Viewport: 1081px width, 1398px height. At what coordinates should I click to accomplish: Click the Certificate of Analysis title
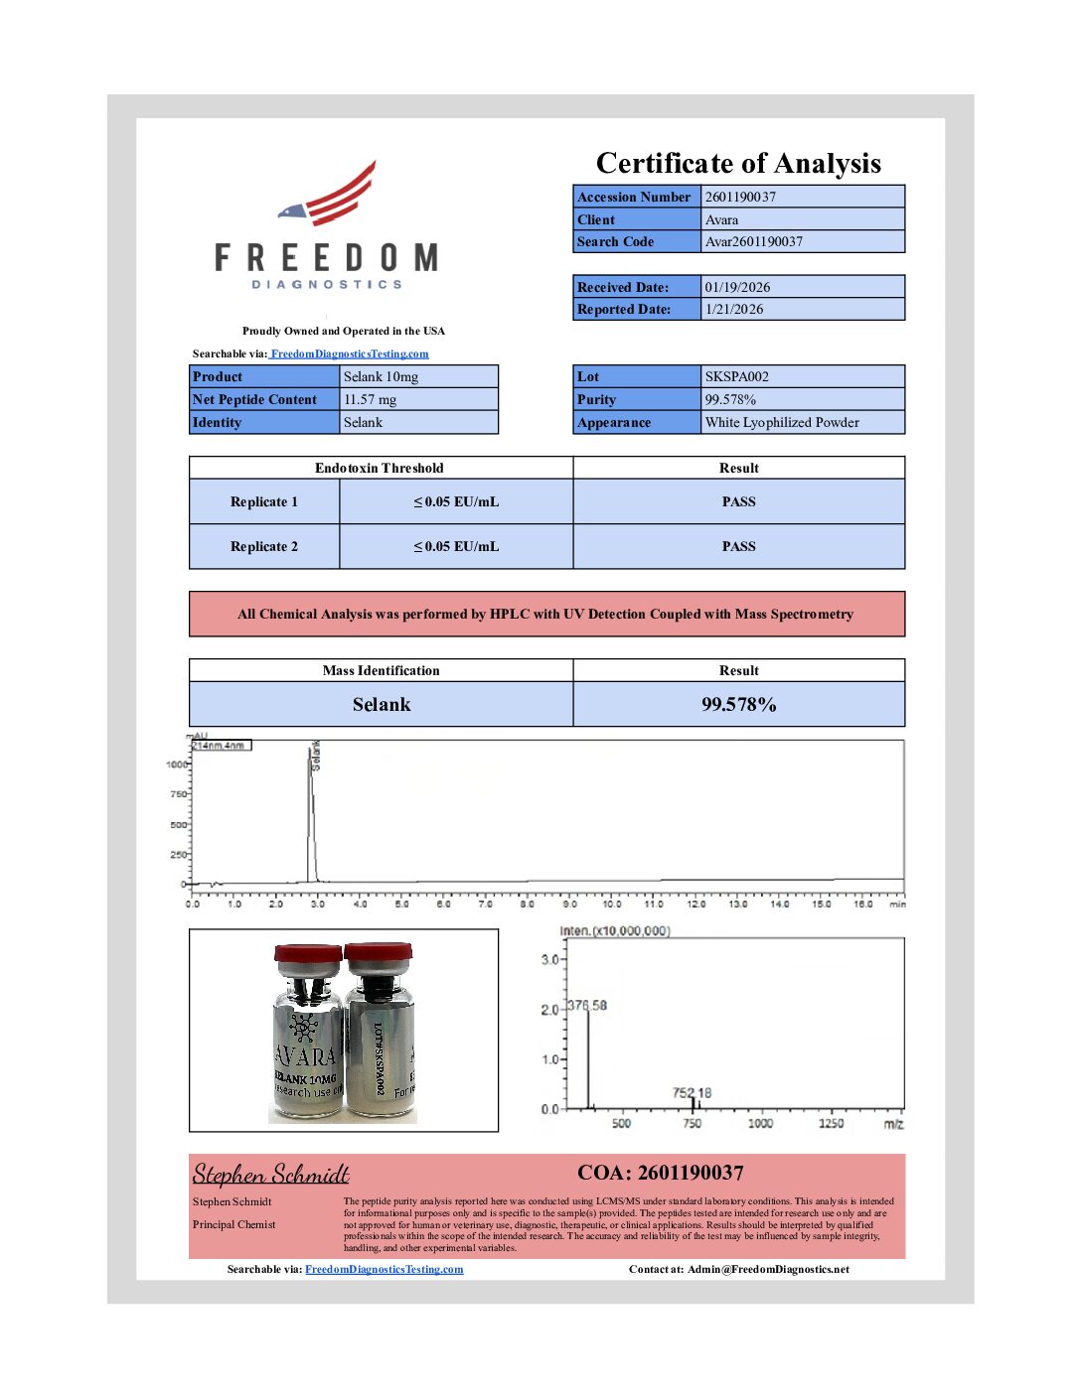[738, 163]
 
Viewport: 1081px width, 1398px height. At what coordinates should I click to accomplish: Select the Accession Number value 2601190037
[740, 197]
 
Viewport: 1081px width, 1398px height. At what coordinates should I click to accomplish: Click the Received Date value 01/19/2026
[737, 287]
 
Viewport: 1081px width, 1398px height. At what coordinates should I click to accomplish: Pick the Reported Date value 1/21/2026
[734, 309]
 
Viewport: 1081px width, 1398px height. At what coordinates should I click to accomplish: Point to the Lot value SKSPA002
[736, 376]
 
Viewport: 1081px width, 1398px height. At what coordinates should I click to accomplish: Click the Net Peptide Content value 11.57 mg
[370, 399]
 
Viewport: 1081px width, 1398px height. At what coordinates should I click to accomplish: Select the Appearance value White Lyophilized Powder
[782, 422]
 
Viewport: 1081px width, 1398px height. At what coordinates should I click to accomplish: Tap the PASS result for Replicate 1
[738, 501]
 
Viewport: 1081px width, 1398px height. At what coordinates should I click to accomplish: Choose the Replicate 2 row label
[264, 546]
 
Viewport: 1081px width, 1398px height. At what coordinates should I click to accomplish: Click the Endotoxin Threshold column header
[380, 468]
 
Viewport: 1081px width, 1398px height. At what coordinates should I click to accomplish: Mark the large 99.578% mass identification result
[738, 704]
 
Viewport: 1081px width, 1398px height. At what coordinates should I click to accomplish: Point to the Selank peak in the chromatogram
[312, 794]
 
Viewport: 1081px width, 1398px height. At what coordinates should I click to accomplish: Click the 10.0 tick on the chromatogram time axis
[612, 904]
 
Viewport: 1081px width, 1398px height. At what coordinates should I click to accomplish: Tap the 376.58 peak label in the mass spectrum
[587, 1006]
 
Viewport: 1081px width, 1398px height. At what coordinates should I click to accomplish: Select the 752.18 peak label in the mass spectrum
[692, 1093]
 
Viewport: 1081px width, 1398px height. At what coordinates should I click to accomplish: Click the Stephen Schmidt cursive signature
[270, 1175]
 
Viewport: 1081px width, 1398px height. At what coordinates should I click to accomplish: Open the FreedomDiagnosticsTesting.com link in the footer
[384, 1269]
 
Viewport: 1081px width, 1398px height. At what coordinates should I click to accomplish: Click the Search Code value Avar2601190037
[753, 241]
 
